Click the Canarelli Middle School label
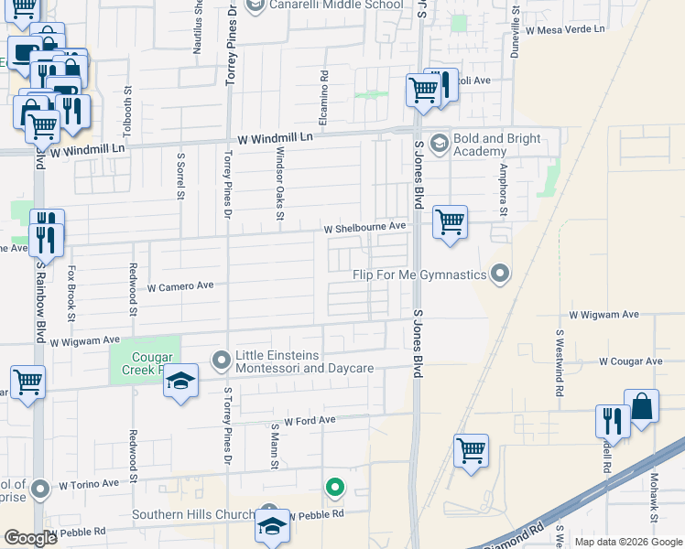pos(334,5)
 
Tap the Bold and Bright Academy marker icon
pos(439,143)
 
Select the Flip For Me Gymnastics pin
pos(499,274)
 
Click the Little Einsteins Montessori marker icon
pos(221,361)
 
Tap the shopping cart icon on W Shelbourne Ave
pos(450,221)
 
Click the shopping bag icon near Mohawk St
pos(642,406)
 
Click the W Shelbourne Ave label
pos(364,227)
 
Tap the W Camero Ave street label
pos(180,286)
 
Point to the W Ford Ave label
pos(310,421)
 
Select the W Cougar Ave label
pos(630,361)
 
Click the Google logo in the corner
pos(30,539)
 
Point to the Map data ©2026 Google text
pos(628,542)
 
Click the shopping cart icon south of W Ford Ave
pos(471,450)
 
